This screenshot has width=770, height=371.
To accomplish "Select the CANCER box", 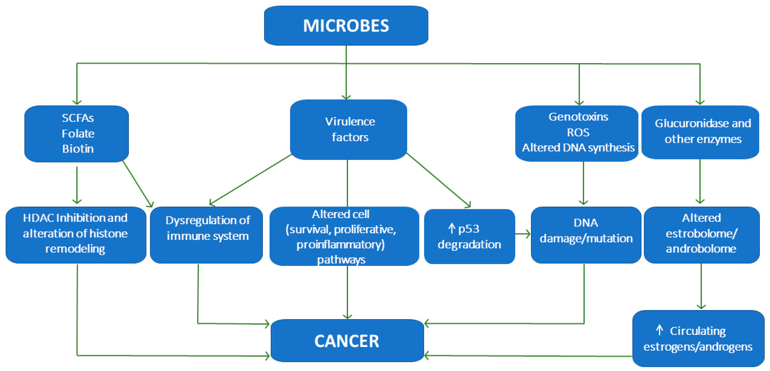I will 347,340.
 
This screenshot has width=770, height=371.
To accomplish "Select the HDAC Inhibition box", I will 76,235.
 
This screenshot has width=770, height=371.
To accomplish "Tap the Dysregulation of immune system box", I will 207,235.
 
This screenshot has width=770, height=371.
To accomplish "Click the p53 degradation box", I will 469,236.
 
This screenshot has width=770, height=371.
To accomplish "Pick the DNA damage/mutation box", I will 586,235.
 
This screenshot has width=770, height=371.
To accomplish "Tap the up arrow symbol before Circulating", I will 659,330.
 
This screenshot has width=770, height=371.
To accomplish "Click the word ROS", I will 578,132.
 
